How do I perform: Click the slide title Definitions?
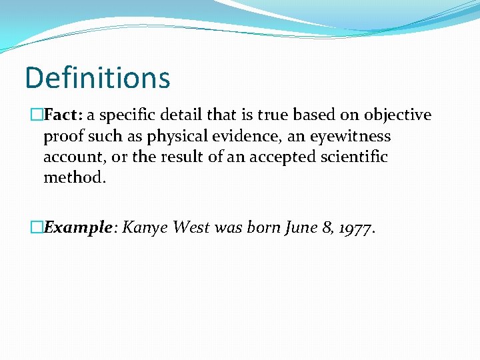97,78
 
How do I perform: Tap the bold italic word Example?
77,227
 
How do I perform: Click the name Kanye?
146,227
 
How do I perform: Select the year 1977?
356,228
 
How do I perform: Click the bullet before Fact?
37,115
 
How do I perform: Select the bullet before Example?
37,227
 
